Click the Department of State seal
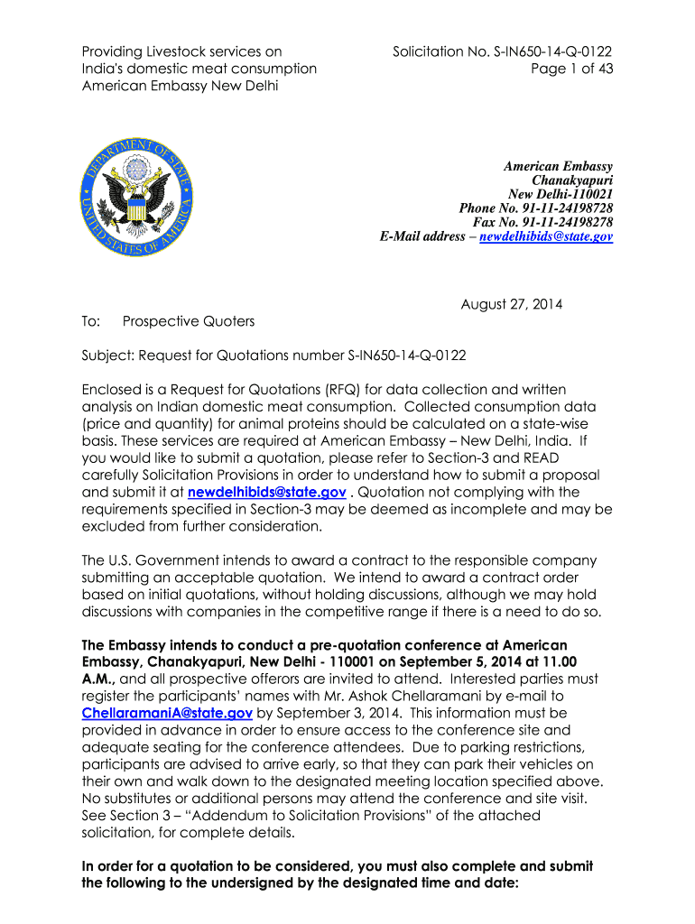point(136,191)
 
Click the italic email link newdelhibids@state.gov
point(546,236)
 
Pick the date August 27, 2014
point(511,304)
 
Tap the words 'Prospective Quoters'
point(189,321)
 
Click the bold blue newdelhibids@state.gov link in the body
point(266,492)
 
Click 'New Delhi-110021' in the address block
point(561,194)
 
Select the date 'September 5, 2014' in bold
point(420,661)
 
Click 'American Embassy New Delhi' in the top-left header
point(180,86)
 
